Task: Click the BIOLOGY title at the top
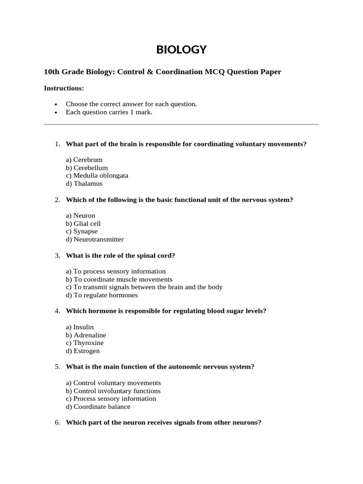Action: pos(181,50)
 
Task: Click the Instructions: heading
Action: pos(64,88)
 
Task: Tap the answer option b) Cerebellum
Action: pos(87,168)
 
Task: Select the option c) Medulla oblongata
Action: pos(97,175)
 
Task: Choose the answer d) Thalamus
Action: pos(84,183)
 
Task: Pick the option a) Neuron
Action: pos(80,216)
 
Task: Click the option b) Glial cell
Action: pos(83,224)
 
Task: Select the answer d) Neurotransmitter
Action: pos(95,240)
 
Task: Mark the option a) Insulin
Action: pos(80,327)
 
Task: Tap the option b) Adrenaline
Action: pos(86,335)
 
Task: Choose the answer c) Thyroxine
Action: pos(85,343)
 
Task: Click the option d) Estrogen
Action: pos(83,351)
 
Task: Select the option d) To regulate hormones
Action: pos(102,295)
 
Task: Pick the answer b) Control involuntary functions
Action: pos(113,391)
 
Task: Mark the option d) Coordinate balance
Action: pos(98,406)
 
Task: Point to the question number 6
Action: pos(57,423)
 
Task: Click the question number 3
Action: pos(57,255)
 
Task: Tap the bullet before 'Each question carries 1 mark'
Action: pos(56,113)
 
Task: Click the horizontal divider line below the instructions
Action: pos(181,124)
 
